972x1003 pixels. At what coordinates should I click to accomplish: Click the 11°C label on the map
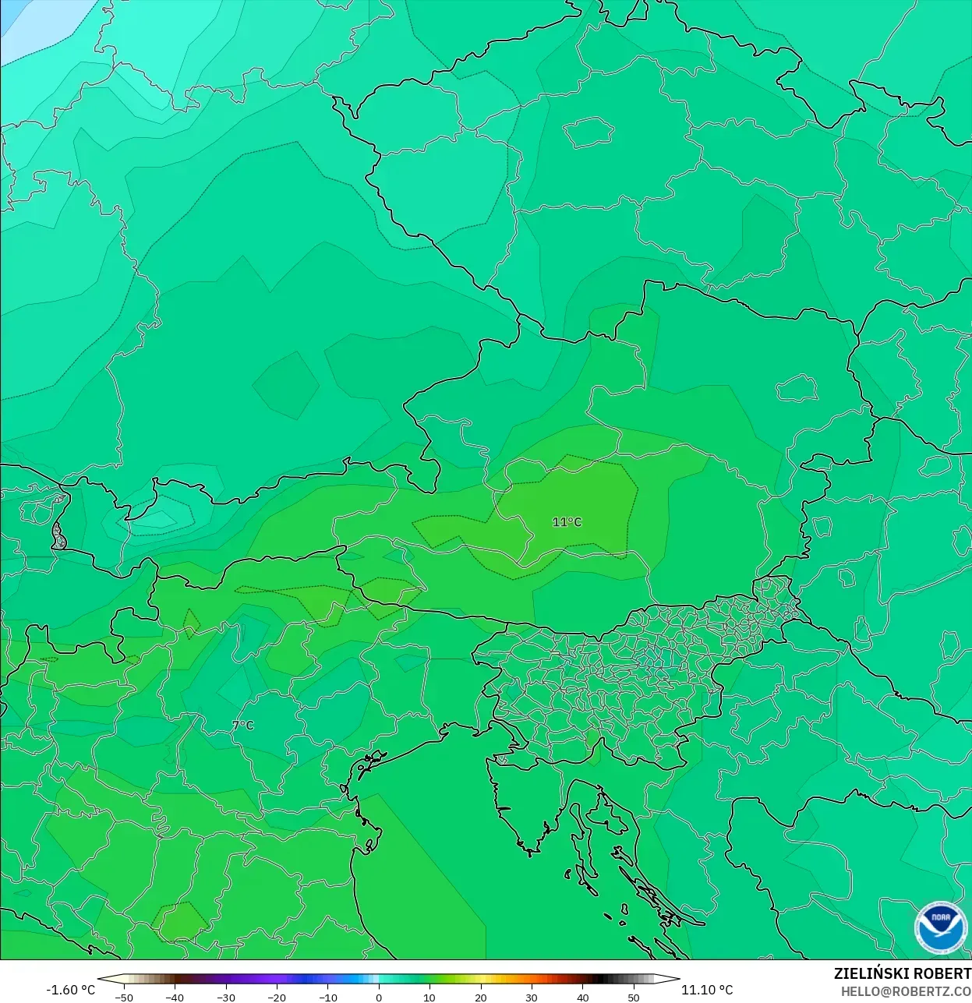click(567, 522)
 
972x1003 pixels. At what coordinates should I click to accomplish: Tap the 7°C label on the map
click(243, 726)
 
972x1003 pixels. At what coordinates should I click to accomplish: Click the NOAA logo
click(940, 927)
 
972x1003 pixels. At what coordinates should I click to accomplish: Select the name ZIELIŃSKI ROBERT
click(902, 973)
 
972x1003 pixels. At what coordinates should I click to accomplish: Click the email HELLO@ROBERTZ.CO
click(906, 991)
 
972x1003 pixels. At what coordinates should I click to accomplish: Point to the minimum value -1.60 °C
click(70, 990)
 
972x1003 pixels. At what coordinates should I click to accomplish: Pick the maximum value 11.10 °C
click(707, 990)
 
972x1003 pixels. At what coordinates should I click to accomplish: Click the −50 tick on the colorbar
click(123, 997)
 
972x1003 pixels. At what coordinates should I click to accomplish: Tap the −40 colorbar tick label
click(175, 997)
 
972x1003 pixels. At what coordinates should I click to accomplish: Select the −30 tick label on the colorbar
click(225, 997)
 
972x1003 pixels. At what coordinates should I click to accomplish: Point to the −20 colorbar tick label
click(277, 997)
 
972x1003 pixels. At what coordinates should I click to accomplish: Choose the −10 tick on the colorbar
click(327, 997)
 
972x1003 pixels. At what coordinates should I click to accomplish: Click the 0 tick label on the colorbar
click(379, 997)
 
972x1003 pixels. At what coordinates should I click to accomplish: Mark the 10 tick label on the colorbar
click(429, 997)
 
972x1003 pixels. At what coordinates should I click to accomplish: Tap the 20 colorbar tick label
click(481, 997)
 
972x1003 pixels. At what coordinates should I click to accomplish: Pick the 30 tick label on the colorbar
click(532, 997)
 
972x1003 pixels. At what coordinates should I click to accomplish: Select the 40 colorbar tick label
click(583, 997)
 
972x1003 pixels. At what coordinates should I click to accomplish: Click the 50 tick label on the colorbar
click(634, 997)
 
